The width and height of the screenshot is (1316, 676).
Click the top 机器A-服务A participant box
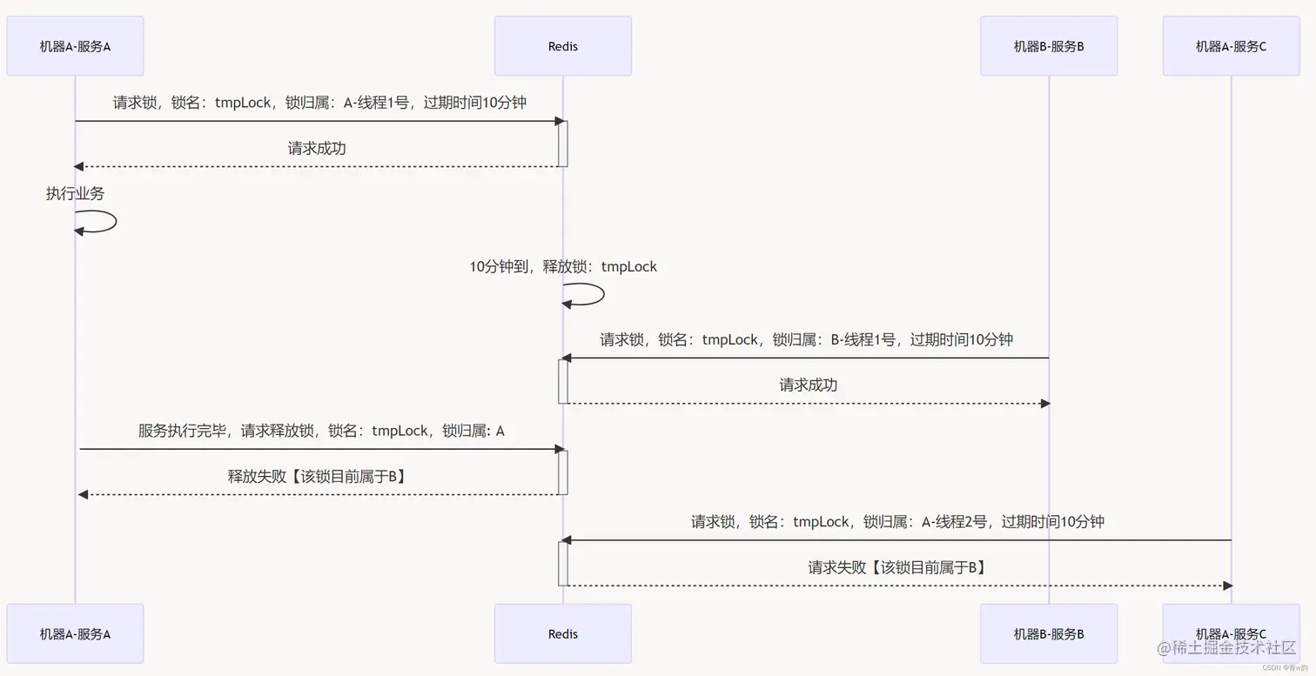pos(75,46)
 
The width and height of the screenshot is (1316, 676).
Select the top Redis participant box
pos(562,46)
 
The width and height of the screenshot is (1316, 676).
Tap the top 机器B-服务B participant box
pos(1048,46)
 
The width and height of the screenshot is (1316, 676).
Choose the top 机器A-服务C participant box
pos(1231,46)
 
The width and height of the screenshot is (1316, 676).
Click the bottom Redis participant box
pos(562,633)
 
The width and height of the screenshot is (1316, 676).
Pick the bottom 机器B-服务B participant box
pos(1048,633)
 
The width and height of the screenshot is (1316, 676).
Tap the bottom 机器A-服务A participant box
pos(75,633)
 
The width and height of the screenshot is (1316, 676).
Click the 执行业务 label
pos(75,193)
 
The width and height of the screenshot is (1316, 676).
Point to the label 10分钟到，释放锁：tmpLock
pos(563,266)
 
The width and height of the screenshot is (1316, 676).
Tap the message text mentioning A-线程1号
pos(319,102)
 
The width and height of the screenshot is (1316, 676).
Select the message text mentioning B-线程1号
pos(806,339)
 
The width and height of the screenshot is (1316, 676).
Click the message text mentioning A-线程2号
pos(897,521)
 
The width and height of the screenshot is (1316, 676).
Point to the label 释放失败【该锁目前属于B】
pos(318,476)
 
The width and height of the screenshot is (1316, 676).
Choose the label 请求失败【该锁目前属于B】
pos(896,567)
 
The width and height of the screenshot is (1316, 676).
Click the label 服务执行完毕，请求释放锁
pos(321,430)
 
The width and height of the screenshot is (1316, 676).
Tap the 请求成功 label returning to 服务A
pos(317,148)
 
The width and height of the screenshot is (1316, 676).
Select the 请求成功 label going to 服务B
pos(808,385)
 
